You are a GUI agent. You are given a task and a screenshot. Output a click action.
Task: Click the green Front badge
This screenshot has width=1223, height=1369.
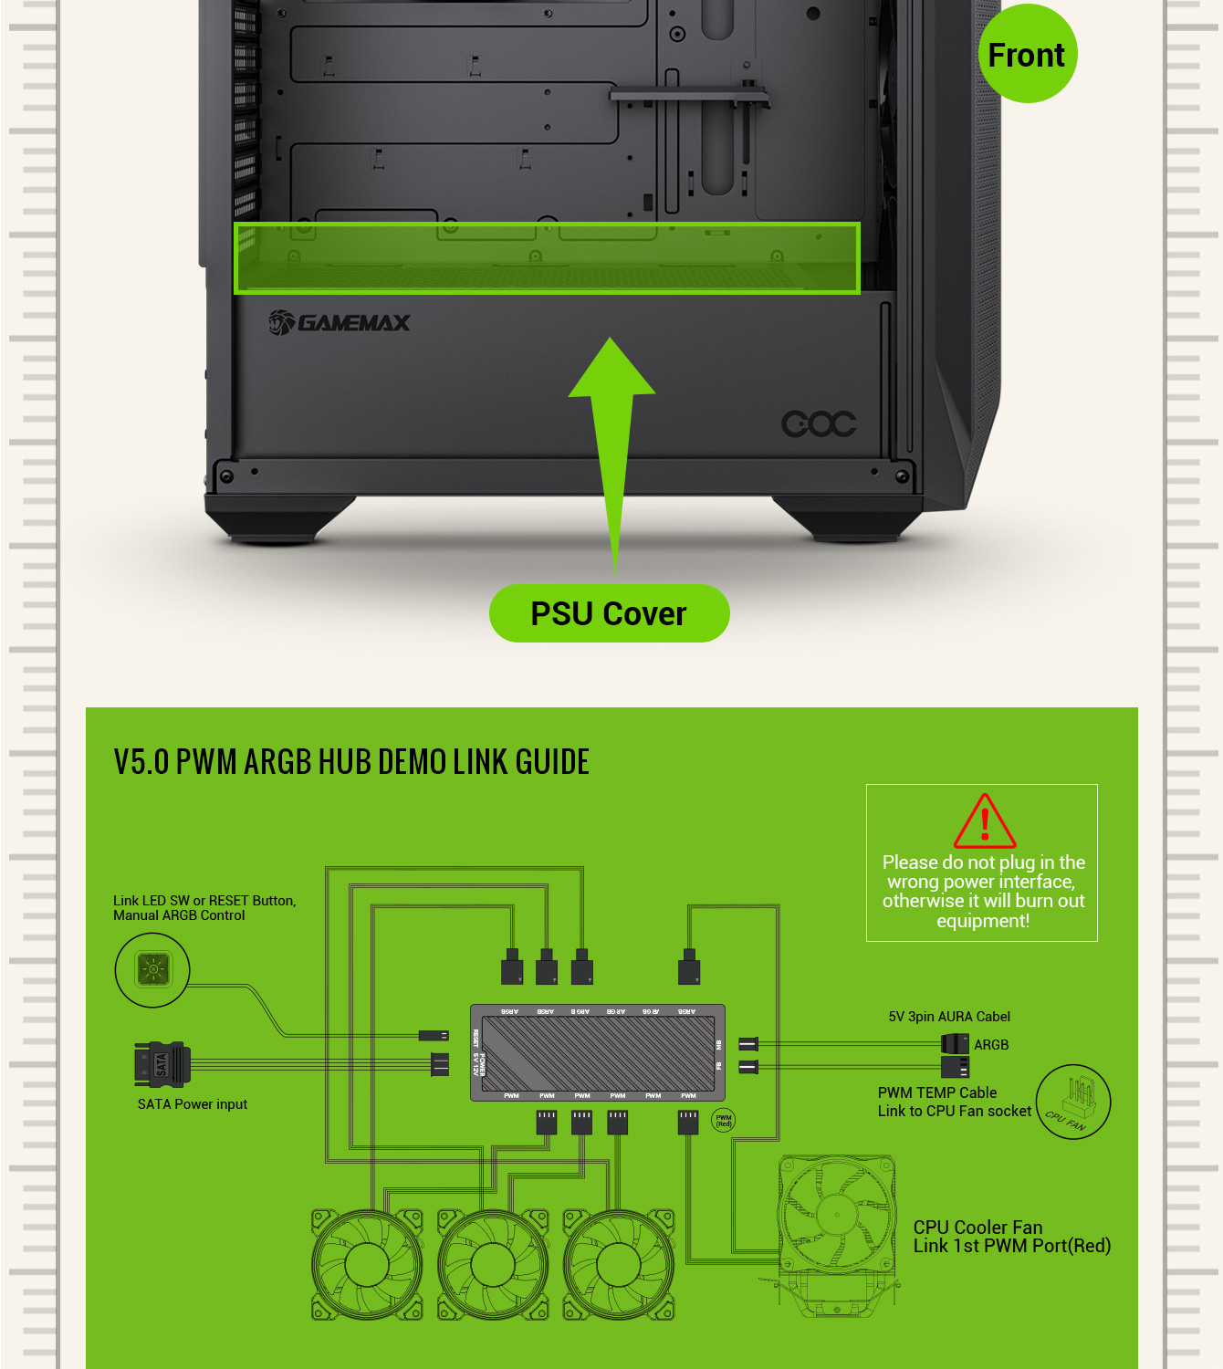click(1027, 55)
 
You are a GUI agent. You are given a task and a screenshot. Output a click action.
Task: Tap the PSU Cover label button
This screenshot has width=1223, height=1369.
click(609, 613)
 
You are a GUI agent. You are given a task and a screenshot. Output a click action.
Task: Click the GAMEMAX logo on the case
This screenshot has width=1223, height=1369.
click(340, 322)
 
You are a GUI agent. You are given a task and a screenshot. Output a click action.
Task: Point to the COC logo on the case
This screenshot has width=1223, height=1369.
click(819, 423)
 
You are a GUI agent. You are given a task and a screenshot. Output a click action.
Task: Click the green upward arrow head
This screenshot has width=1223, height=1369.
click(611, 370)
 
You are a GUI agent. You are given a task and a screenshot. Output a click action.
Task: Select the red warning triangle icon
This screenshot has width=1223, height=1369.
click(984, 821)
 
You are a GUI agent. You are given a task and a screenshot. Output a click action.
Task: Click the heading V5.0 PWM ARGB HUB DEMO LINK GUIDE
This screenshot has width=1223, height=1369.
click(351, 761)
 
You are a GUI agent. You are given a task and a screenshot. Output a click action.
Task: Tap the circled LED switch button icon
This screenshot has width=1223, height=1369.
click(152, 969)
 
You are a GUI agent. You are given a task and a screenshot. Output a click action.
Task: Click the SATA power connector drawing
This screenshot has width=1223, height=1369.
click(162, 1064)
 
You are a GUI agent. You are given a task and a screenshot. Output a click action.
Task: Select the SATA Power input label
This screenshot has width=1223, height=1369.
click(193, 1104)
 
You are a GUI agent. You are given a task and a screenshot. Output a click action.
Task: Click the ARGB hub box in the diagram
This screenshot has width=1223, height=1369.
click(598, 1053)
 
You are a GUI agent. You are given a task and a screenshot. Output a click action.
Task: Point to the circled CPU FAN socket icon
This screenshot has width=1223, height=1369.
click(1073, 1102)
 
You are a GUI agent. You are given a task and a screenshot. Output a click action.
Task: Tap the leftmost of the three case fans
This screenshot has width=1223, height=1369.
click(367, 1265)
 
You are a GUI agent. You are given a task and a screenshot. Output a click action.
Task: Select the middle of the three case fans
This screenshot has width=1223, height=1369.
click(493, 1265)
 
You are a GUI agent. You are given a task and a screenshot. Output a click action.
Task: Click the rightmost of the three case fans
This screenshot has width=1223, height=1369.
click(619, 1265)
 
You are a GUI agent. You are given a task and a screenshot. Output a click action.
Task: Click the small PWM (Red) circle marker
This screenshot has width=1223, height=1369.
click(724, 1121)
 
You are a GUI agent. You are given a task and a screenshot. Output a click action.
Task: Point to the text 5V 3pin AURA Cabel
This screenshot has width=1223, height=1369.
click(949, 1017)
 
